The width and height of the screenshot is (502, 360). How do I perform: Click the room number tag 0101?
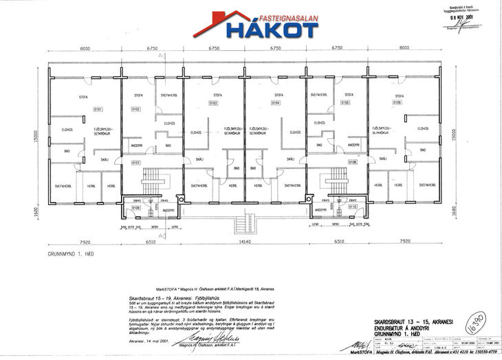[x=98, y=109]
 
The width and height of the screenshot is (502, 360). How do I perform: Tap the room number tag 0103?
[x=212, y=102]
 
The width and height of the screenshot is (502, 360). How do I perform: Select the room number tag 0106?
[x=397, y=102]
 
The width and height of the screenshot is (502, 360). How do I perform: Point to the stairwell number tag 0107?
[x=136, y=163]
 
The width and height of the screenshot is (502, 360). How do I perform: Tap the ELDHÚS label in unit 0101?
[x=68, y=128]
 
